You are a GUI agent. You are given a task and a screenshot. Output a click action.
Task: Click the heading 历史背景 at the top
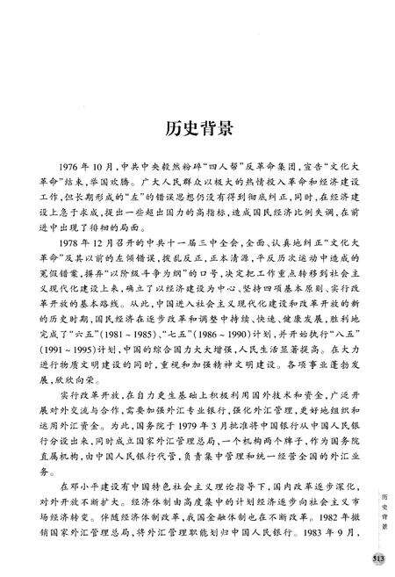(x=197, y=129)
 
